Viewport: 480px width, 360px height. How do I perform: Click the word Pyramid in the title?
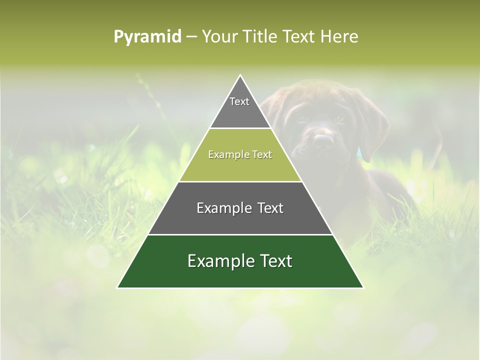(147, 37)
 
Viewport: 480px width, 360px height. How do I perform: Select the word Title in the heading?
(260, 37)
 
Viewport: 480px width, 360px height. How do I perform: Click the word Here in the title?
(339, 37)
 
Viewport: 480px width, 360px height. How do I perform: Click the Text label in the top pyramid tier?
(239, 101)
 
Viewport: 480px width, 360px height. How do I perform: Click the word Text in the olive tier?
(262, 155)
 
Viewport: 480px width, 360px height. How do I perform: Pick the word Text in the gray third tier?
(270, 208)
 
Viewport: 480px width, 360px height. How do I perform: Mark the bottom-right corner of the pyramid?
(363, 287)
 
